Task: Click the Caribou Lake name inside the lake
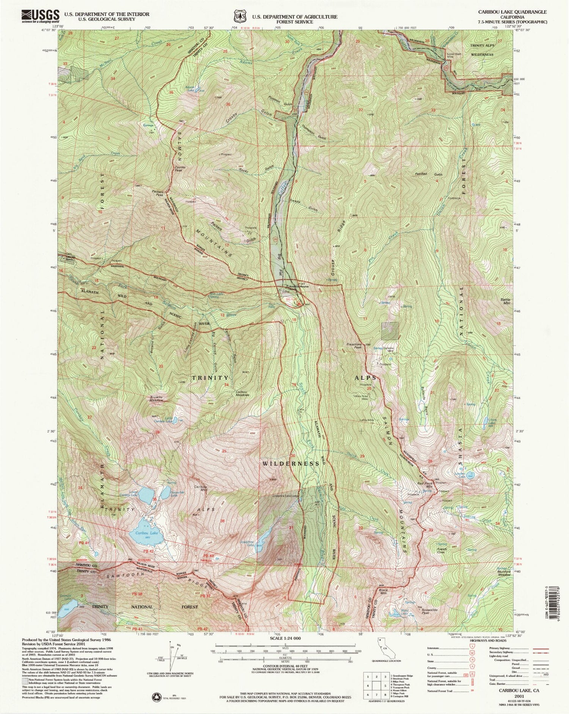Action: pyautogui.click(x=146, y=532)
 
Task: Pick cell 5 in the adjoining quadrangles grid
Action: pyautogui.click(x=376, y=686)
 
